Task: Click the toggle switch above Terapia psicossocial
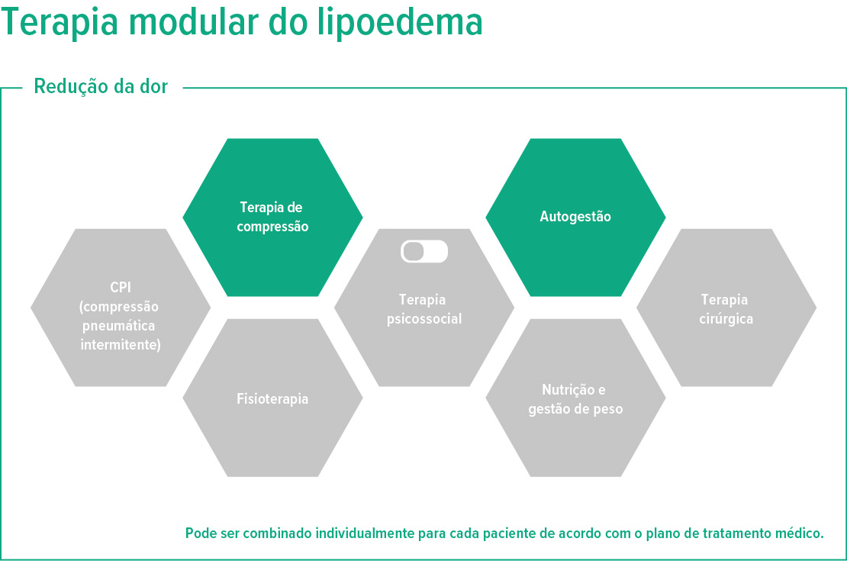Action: click(424, 252)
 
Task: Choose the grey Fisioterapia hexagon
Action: click(272, 398)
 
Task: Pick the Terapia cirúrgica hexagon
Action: click(726, 309)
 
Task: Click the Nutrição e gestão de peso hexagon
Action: click(575, 399)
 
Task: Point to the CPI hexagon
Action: click(121, 308)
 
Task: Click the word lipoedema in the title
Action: click(400, 23)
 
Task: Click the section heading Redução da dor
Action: click(100, 86)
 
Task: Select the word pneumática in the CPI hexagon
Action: click(121, 326)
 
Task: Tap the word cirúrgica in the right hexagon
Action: click(726, 319)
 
